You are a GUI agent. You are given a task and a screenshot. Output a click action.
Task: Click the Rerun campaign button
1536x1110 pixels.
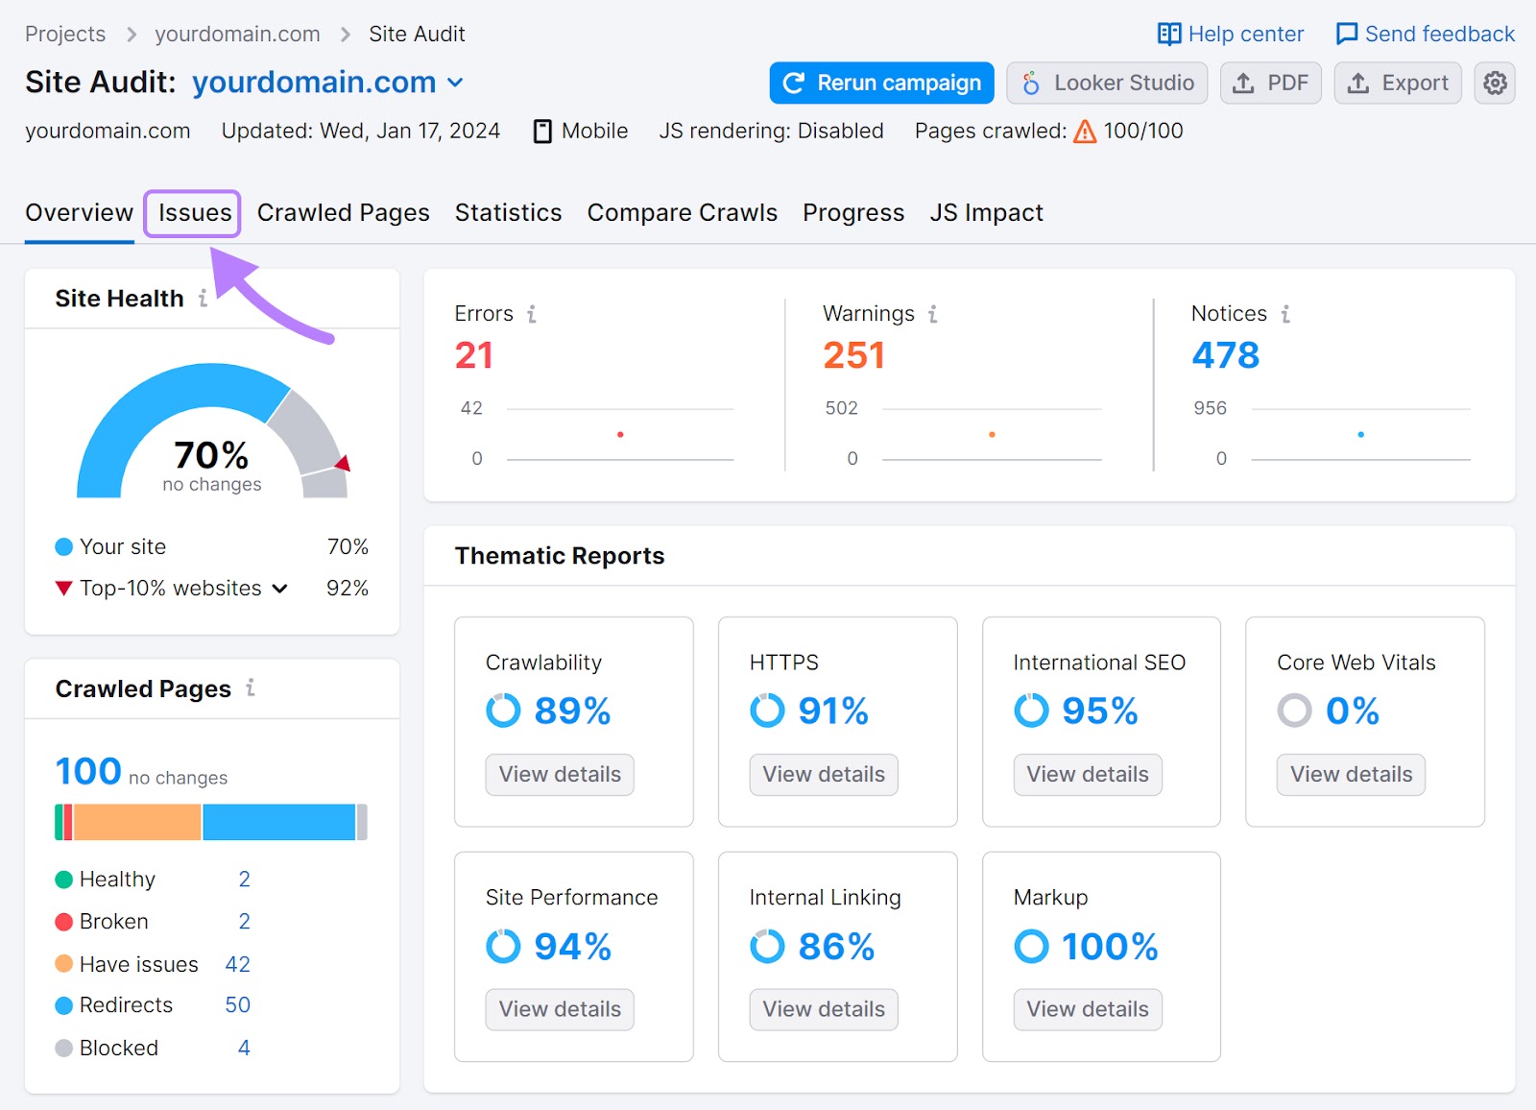pyautogui.click(x=881, y=84)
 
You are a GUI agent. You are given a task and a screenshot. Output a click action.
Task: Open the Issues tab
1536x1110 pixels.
pyautogui.click(x=194, y=212)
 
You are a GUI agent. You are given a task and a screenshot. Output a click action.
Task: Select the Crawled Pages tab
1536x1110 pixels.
pyautogui.click(x=343, y=212)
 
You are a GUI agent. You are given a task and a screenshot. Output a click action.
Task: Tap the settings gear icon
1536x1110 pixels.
pyautogui.click(x=1495, y=84)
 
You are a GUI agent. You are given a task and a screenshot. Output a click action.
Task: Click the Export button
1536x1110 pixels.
pyautogui.click(x=1398, y=84)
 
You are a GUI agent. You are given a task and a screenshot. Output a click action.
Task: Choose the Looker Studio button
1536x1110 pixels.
pyautogui.click(x=1107, y=84)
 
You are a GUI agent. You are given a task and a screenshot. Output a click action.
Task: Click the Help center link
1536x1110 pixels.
pyautogui.click(x=1231, y=35)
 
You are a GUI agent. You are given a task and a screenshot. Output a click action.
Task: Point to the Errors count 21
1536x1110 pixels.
pyautogui.click(x=473, y=355)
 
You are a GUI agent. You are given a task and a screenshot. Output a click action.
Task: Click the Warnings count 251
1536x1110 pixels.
pyautogui.click(x=853, y=355)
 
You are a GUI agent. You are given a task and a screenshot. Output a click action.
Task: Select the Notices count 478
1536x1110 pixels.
pyautogui.click(x=1225, y=355)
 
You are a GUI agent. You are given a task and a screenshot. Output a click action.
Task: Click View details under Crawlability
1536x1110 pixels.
pyautogui.click(x=560, y=775)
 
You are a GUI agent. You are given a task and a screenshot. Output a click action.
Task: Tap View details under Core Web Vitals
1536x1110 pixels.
pyautogui.click(x=1351, y=775)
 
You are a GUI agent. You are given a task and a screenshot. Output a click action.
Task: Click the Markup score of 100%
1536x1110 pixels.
pyautogui.click(x=1109, y=947)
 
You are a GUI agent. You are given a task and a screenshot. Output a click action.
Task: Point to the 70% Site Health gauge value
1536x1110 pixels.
pyautogui.click(x=211, y=455)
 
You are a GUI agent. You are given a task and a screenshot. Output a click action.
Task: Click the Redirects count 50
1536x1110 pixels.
pyautogui.click(x=237, y=1005)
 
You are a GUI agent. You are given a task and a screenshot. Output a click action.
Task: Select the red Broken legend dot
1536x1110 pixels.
pyautogui.click(x=64, y=922)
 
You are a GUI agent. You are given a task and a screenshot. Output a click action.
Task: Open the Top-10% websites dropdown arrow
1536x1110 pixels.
pyautogui.click(x=280, y=589)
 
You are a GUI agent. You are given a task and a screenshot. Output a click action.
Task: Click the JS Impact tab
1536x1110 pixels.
pyautogui.click(x=986, y=212)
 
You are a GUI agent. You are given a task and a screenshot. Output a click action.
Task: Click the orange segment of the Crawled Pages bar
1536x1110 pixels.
pyautogui.click(x=137, y=823)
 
